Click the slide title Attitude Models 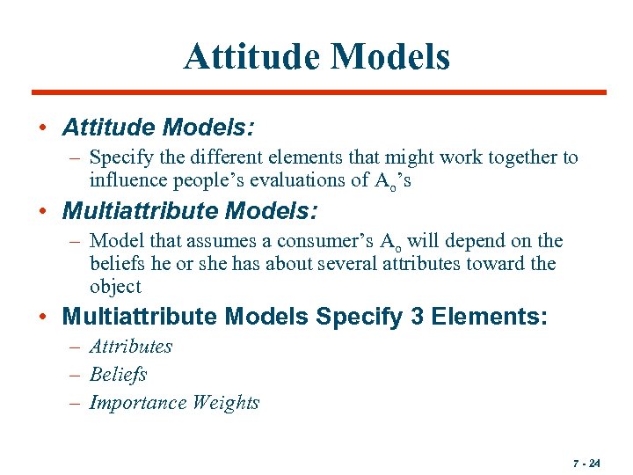click(x=316, y=56)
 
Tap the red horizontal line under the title click(x=318, y=92)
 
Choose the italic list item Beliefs click(x=118, y=375)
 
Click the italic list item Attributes click(x=131, y=347)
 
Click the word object click(x=115, y=287)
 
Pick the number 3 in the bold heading click(x=417, y=318)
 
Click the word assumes click(x=226, y=241)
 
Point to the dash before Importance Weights click(x=76, y=403)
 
